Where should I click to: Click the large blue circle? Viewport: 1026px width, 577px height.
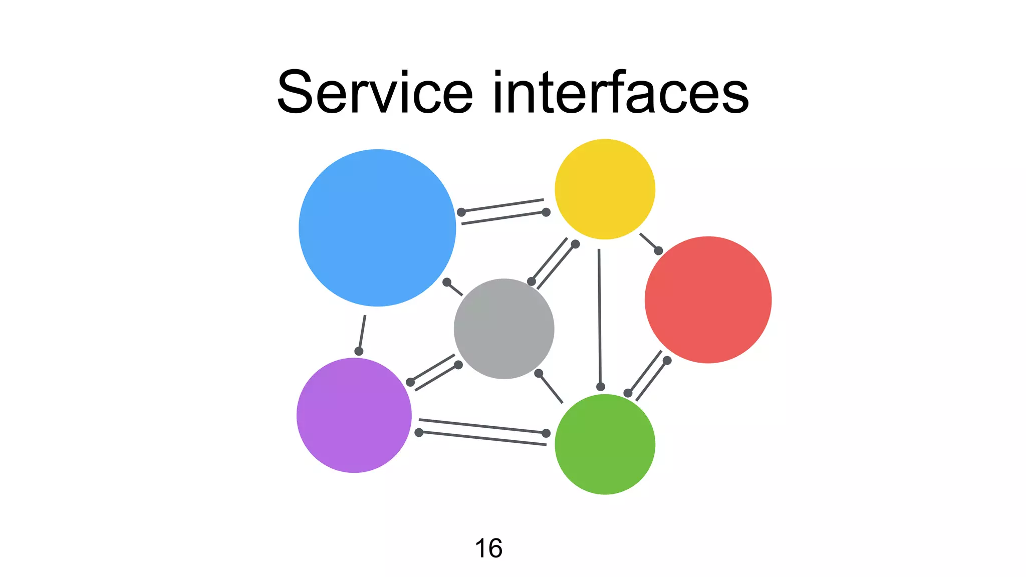377,228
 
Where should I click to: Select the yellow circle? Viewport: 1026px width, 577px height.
605,189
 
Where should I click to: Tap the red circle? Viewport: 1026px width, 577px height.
708,300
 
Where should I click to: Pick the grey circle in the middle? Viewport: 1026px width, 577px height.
504,329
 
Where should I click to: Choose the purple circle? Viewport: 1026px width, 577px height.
354,415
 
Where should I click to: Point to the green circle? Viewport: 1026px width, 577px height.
605,444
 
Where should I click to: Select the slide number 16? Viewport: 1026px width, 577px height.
488,548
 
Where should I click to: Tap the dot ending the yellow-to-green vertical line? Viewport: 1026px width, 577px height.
601,387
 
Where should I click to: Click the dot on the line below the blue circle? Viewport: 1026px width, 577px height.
359,351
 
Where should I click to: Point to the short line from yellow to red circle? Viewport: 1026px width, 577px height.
648,241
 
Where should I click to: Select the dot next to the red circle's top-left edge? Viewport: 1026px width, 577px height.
659,250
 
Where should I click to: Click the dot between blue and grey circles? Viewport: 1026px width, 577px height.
447,282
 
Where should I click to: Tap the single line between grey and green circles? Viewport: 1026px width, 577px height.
552,389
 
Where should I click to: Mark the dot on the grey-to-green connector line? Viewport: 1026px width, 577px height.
539,373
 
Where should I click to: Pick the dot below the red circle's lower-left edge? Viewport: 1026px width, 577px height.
667,360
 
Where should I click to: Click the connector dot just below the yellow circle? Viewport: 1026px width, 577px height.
576,244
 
